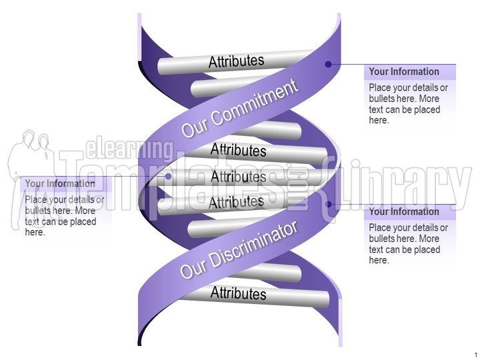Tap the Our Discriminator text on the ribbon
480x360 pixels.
(x=239, y=250)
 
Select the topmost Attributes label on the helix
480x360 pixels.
(x=236, y=61)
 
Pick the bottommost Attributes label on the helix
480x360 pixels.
(x=238, y=293)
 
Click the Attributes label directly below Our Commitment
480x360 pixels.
(x=238, y=150)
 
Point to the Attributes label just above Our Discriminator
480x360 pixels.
(x=236, y=201)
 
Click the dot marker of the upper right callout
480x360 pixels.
(x=328, y=65)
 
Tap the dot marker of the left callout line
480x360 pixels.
(x=169, y=177)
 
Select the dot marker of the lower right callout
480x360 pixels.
(x=328, y=205)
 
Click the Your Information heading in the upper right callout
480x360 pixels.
(x=404, y=72)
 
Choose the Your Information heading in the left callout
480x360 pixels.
(x=60, y=184)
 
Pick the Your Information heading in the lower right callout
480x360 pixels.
(x=404, y=212)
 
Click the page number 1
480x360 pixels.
(x=476, y=353)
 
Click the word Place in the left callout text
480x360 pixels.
(x=36, y=199)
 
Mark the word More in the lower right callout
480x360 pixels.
(x=429, y=239)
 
